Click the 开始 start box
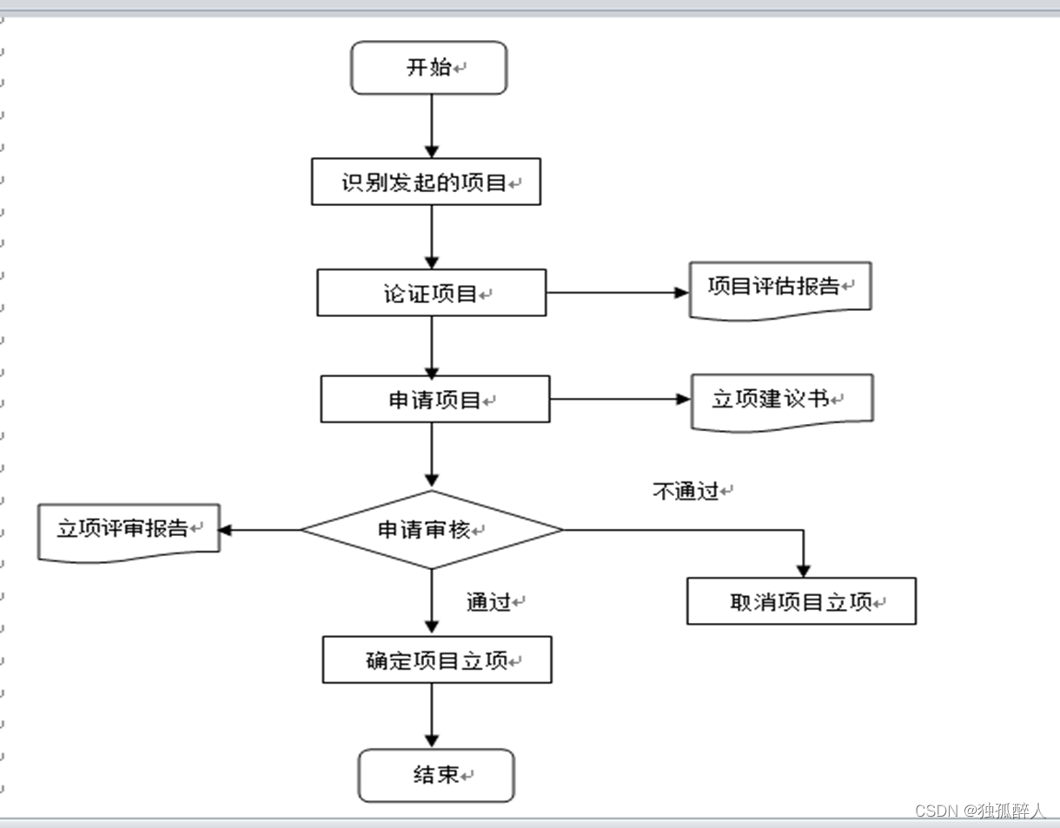428,68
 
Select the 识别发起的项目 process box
426,182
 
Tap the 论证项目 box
431,293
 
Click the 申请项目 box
434,400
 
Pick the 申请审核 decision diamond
432,530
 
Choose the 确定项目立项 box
436,660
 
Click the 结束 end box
436,775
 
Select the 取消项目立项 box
801,601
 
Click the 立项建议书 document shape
781,400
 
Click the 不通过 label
686,492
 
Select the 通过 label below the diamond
489,602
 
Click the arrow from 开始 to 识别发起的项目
432,126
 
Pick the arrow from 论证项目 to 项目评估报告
617,293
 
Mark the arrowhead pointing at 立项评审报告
225,530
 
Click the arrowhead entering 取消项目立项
803,570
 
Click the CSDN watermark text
980,811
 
